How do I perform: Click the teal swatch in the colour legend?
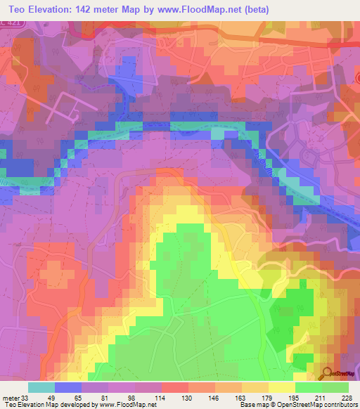click(x=41, y=387)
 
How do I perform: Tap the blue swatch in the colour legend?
click(x=68, y=387)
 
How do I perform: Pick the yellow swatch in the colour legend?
click(x=282, y=387)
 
